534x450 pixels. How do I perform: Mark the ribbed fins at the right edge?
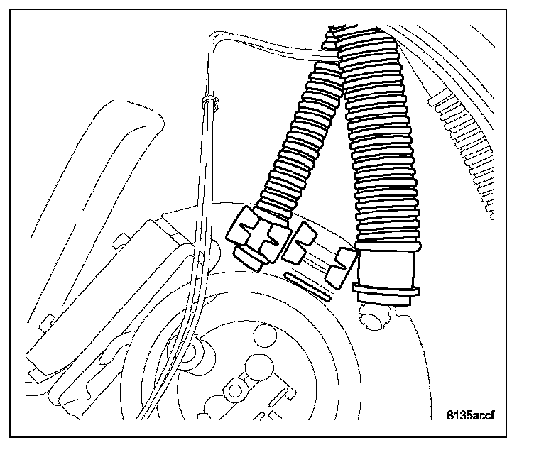pos(462,135)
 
